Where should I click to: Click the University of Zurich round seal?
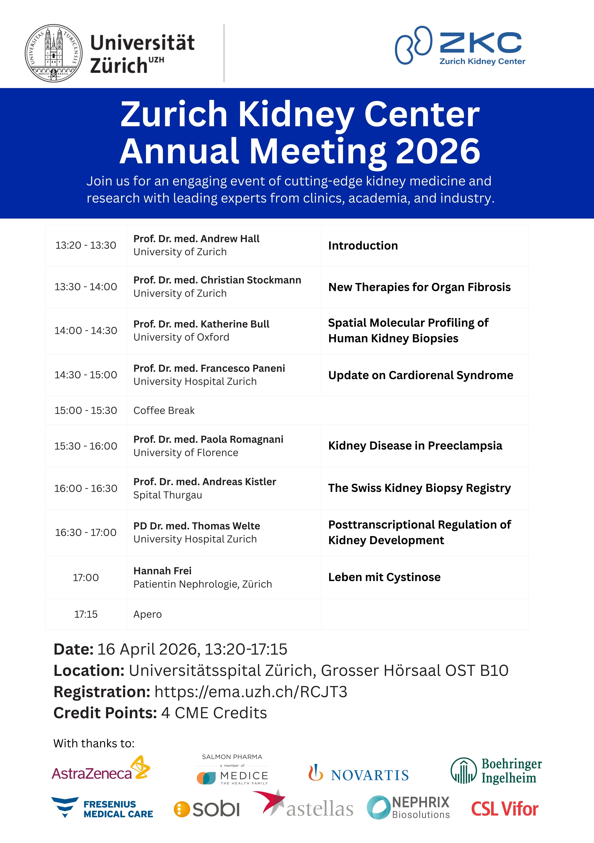(x=54, y=53)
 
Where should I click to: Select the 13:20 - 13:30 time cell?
(x=86, y=245)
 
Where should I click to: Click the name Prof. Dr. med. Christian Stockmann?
(x=217, y=280)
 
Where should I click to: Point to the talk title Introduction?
(x=363, y=246)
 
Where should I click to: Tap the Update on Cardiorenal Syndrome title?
(x=420, y=375)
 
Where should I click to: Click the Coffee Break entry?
(x=164, y=411)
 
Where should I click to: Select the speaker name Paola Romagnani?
(x=208, y=439)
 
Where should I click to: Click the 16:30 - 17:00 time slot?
(x=86, y=532)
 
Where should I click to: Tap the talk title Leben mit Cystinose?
(x=384, y=577)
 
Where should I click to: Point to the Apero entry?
(x=147, y=614)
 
